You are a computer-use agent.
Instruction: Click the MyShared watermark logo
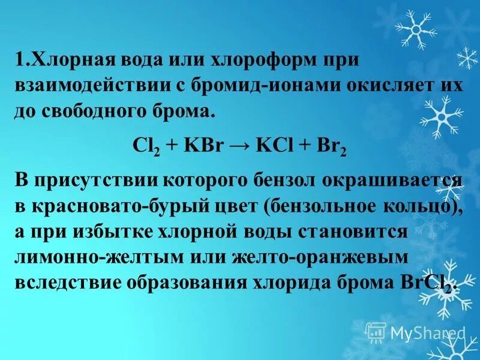[415, 332]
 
